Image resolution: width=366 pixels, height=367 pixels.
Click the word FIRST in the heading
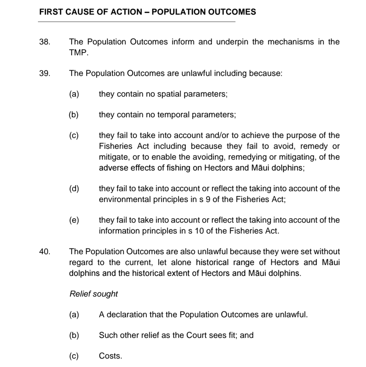(50, 12)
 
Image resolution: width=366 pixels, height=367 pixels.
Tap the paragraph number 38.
(45, 42)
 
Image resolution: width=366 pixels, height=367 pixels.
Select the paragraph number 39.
(45, 74)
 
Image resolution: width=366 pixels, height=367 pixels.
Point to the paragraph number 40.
(45, 252)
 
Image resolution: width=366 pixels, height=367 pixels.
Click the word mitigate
(113, 157)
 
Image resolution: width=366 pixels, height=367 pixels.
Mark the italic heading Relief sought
(94, 294)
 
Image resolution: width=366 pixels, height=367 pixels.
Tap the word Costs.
(110, 356)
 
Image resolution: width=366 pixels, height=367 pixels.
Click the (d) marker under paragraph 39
(74, 189)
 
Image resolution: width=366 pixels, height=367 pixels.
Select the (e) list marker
(74, 220)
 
